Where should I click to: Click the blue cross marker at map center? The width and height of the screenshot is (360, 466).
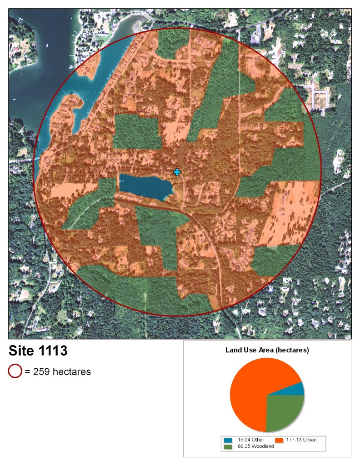177,172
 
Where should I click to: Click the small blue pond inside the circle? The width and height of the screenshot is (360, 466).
145,186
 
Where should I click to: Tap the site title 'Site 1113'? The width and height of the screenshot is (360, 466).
38,351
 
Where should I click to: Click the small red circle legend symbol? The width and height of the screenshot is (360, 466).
15,371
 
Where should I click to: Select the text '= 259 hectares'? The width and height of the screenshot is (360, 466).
58,372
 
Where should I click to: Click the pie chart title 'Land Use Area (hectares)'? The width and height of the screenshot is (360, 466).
267,351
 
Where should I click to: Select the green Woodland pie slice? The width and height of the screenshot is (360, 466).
284,411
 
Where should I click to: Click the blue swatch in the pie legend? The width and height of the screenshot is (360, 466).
227,440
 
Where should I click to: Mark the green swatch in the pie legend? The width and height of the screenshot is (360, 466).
227,447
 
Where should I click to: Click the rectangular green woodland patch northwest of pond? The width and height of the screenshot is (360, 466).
137,132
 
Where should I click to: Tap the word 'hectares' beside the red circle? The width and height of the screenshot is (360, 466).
72,372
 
